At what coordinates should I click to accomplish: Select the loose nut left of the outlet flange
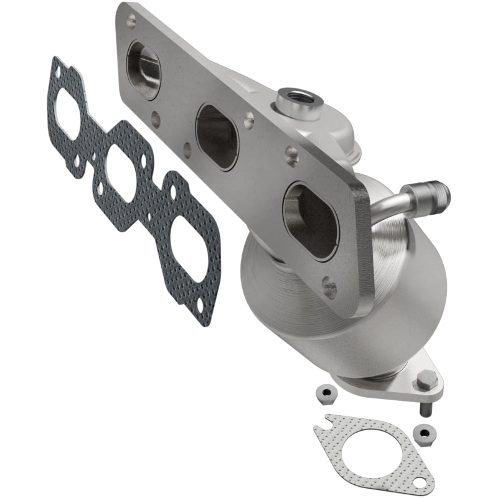tap(324, 392)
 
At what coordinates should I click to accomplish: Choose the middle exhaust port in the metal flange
tap(217, 136)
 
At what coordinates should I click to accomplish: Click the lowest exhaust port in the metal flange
tap(310, 220)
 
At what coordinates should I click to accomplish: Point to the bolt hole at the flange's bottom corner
tap(331, 288)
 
